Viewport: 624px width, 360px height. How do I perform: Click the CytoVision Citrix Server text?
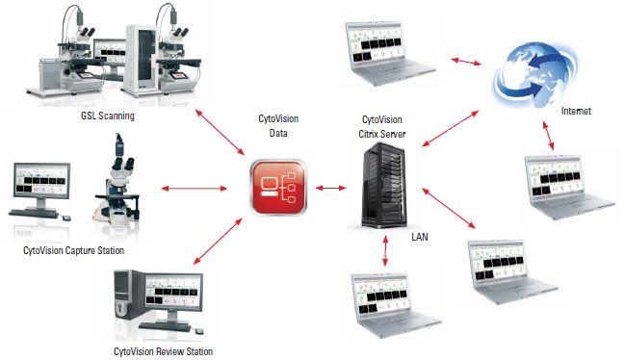(383, 126)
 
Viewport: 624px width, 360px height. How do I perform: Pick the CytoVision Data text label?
(279, 126)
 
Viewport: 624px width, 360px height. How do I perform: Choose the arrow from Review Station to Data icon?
(219, 239)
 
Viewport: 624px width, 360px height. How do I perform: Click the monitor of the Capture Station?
(40, 185)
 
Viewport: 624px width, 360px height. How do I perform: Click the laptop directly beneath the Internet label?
(569, 183)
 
